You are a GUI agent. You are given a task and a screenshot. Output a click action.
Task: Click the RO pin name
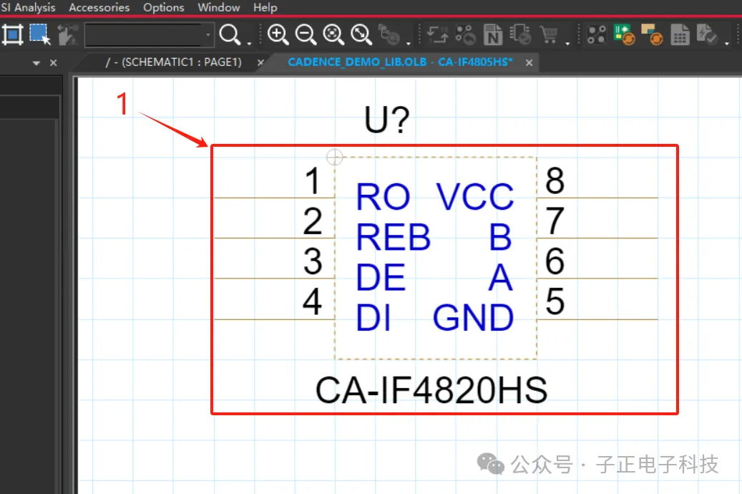coord(383,197)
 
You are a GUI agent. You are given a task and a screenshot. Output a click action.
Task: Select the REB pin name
coord(393,238)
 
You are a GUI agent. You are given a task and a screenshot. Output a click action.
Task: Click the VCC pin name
coord(475,197)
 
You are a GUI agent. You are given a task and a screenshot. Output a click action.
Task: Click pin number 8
coord(555,181)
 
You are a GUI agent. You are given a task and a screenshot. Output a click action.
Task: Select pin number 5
coord(555,302)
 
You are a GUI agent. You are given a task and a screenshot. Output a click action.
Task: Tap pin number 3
coord(313,262)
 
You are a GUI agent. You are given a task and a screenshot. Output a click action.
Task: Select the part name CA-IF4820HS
coord(431,391)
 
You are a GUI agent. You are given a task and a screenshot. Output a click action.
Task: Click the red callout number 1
coord(123,105)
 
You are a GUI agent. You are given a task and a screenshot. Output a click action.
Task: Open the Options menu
coord(164,8)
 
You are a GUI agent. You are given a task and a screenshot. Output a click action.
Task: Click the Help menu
coord(265,8)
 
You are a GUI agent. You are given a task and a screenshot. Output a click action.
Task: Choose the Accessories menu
coord(99,8)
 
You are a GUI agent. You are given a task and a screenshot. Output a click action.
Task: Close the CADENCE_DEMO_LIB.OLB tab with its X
coord(529,63)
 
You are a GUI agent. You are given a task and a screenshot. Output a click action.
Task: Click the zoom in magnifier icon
coord(278,34)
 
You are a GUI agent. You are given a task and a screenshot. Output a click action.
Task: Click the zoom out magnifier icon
coord(306,34)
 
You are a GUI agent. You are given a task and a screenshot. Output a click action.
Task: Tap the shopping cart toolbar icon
coord(549,34)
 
